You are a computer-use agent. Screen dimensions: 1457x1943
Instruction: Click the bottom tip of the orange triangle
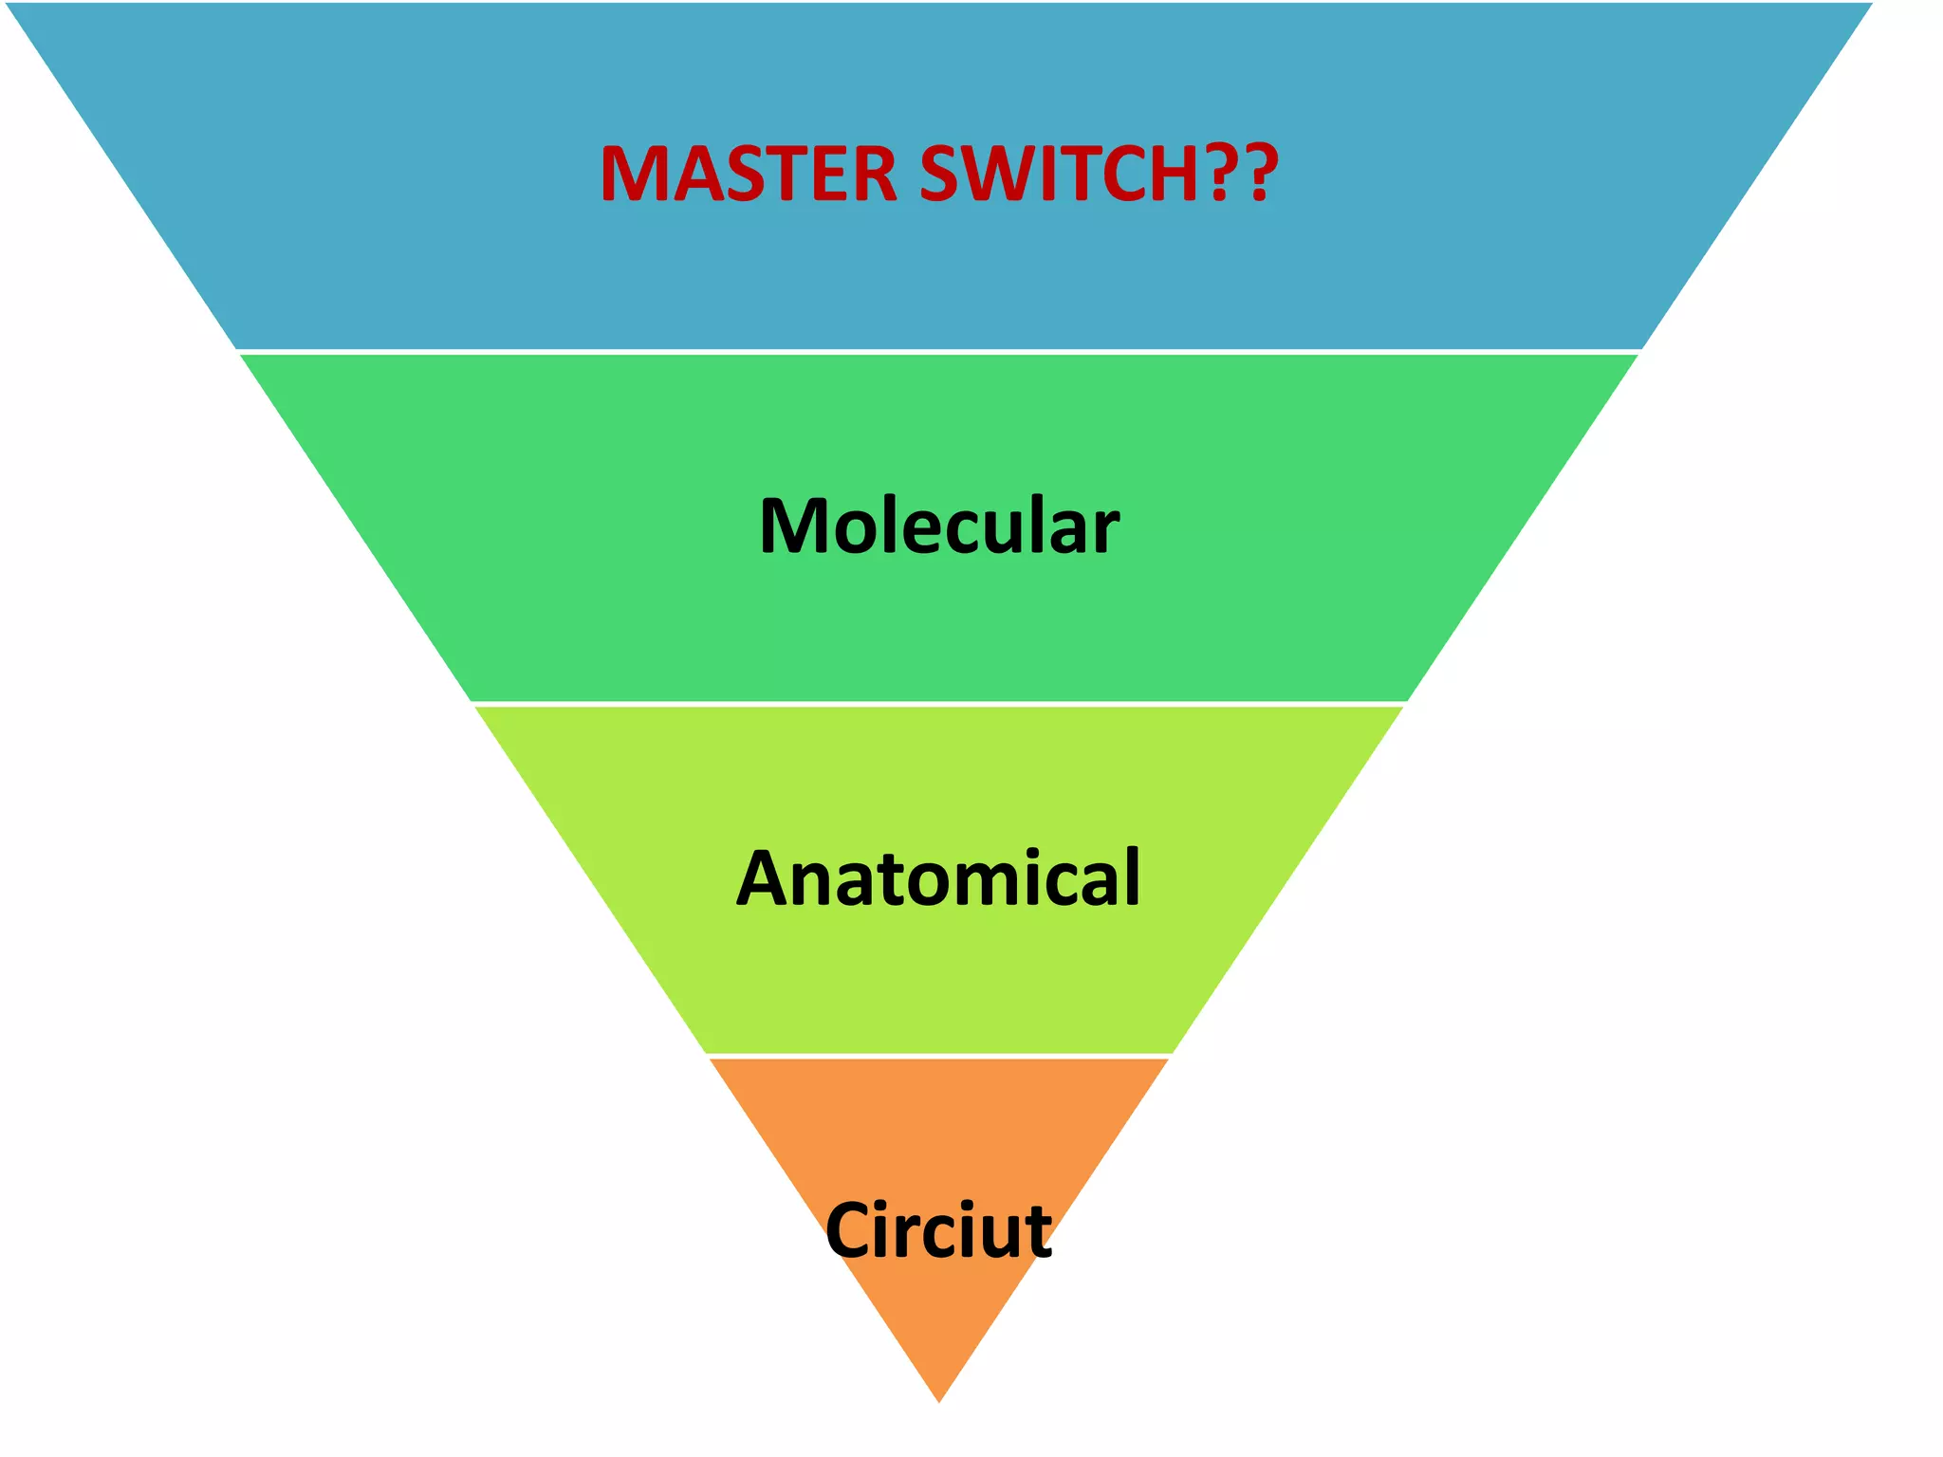tap(939, 1400)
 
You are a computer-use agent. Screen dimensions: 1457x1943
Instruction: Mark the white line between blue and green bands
tap(939, 352)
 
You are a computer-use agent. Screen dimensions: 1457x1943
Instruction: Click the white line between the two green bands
tap(939, 704)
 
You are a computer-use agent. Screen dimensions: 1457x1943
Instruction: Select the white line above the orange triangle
tap(939, 1056)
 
